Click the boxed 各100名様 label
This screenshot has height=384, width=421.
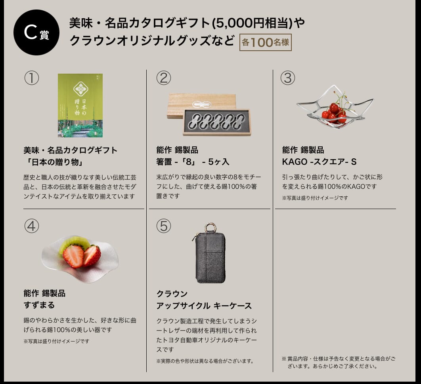click(x=265, y=42)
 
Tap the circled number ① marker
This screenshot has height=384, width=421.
click(x=32, y=78)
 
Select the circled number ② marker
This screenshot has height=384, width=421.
click(x=163, y=78)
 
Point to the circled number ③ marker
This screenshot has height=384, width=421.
click(x=288, y=78)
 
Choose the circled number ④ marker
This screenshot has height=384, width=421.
click(x=32, y=226)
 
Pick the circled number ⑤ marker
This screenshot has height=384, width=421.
click(x=163, y=226)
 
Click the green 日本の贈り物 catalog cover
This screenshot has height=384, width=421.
click(x=80, y=105)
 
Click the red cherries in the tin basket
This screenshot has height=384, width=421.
click(x=334, y=112)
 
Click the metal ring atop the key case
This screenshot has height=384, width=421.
click(x=210, y=228)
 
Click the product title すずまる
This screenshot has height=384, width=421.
click(x=39, y=305)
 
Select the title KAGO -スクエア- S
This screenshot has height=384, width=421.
click(x=319, y=162)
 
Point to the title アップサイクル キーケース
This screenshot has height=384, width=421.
click(x=204, y=306)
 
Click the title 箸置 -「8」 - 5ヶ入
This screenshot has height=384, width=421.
click(x=193, y=162)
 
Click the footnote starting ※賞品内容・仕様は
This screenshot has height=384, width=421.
click(x=339, y=362)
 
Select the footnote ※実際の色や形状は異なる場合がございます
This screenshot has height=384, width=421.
click(x=205, y=361)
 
